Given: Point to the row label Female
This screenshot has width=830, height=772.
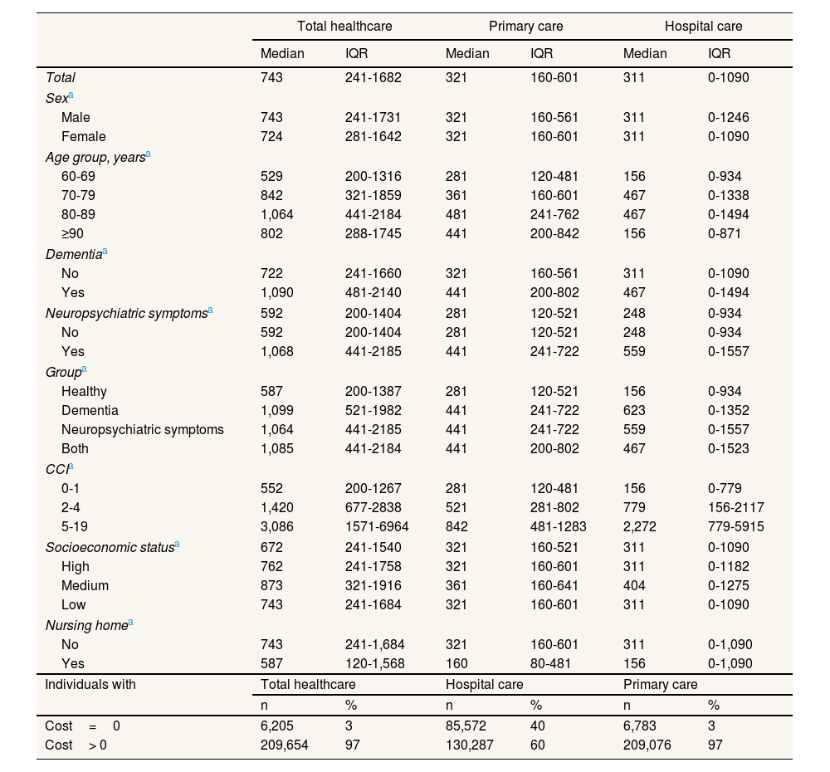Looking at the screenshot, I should point(84,136).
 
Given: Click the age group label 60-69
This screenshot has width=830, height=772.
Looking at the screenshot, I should point(78,175).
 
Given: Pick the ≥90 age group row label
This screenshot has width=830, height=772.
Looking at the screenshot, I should point(73,233).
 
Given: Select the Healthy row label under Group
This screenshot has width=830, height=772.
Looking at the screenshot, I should point(84,391).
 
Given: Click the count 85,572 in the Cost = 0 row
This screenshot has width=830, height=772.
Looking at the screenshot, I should point(467,726).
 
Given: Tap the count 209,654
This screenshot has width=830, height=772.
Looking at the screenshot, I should point(285,745).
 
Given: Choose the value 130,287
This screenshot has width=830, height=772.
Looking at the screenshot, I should point(470,745).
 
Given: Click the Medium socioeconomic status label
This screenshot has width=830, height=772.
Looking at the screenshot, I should point(85,585).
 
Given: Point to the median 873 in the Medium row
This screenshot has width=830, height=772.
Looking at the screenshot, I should point(271,585).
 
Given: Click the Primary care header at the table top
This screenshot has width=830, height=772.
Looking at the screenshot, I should point(525,26).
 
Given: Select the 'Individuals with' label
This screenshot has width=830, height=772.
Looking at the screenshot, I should point(90,684).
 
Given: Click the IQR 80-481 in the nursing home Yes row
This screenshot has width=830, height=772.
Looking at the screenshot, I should point(554,663).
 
